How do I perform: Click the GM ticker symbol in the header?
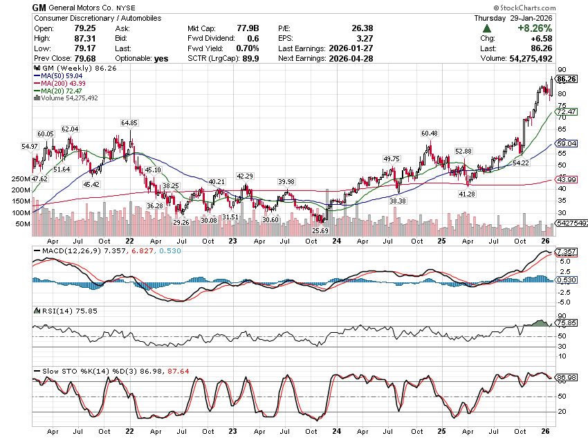point(40,7)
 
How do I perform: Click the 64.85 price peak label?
point(129,122)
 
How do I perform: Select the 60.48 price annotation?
point(429,133)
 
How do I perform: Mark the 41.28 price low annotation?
point(468,194)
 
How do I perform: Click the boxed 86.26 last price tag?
point(567,80)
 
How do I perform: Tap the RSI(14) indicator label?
point(50,311)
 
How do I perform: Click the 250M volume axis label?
point(21,179)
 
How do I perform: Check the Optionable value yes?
point(161,59)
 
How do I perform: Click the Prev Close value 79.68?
point(82,59)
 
